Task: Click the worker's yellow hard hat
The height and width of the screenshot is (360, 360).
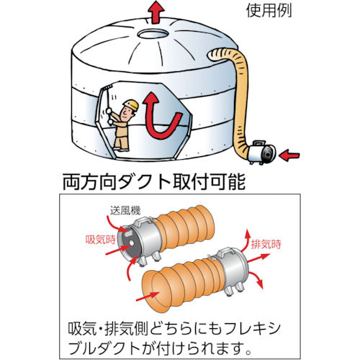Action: click(x=130, y=106)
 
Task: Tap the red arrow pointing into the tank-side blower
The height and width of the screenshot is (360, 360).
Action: click(x=288, y=153)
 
